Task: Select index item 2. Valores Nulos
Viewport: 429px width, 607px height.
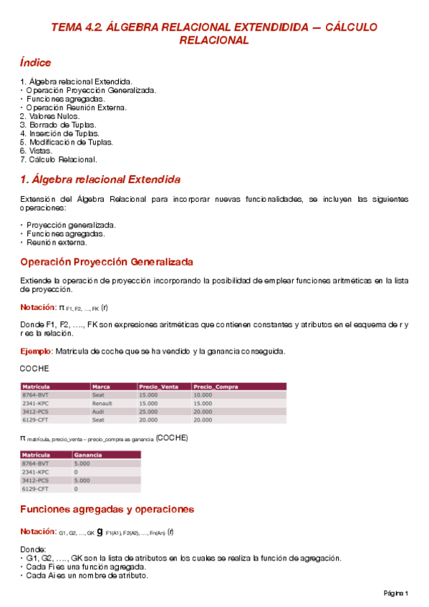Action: click(50, 116)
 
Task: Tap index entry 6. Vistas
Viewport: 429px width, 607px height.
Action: click(37, 151)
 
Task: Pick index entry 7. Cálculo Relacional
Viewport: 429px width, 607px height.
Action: click(59, 160)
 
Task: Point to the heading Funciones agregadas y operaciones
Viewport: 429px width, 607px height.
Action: click(107, 510)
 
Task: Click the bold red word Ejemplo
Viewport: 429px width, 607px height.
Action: click(36, 351)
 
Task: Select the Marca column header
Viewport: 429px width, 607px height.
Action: click(101, 387)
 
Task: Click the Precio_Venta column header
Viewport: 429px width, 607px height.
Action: click(159, 387)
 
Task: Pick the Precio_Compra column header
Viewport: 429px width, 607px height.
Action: click(216, 387)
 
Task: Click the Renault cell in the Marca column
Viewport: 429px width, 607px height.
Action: click(103, 403)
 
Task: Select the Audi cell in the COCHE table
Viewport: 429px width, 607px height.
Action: click(99, 412)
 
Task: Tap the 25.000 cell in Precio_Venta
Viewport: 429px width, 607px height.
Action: click(148, 412)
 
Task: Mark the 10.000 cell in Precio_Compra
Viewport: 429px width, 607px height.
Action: click(203, 395)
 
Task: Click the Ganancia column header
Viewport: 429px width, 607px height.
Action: click(88, 455)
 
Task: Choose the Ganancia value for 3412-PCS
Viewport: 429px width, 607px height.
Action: click(82, 480)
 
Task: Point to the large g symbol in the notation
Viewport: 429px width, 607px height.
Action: click(100, 532)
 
